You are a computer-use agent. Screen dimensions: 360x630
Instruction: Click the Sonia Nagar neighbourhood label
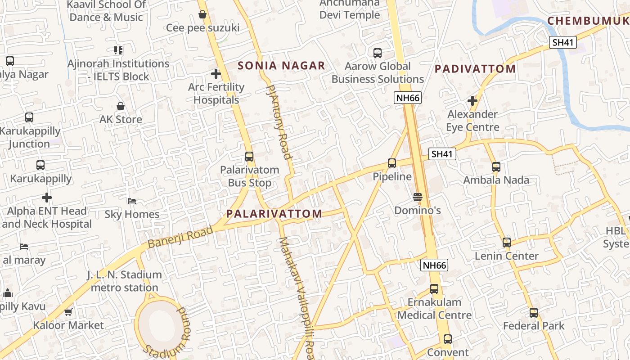pos(281,66)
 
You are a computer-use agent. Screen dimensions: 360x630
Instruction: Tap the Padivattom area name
pos(475,69)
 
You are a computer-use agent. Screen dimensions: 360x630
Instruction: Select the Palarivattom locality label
pos(274,214)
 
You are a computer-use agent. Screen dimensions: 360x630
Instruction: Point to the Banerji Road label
pos(180,237)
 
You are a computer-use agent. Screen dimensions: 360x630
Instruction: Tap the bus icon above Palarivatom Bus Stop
pos(249,157)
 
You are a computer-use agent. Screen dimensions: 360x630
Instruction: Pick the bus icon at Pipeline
pos(392,163)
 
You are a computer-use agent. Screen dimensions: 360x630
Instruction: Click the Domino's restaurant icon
pos(418,197)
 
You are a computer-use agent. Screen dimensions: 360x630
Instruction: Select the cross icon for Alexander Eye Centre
pos(472,101)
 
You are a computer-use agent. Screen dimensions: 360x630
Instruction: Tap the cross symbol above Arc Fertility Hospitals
pos(216,73)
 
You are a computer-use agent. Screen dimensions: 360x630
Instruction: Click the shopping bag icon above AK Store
pos(121,106)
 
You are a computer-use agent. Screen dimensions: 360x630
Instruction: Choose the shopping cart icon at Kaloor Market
pos(68,312)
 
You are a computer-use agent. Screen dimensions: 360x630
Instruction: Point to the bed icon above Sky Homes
pos(132,201)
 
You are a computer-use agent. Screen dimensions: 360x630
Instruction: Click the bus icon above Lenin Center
pos(507,243)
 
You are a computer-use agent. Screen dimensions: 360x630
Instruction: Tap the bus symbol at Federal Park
pos(534,312)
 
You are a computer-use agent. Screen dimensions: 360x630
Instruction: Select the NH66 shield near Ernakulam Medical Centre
pos(434,265)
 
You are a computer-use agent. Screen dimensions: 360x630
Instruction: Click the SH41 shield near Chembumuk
pos(563,42)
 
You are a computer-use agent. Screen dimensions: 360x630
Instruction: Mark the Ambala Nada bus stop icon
pos(496,167)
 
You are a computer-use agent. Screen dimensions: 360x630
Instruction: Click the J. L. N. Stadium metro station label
pos(124,281)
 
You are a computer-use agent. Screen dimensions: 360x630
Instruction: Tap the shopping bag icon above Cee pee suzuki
pos(202,14)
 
